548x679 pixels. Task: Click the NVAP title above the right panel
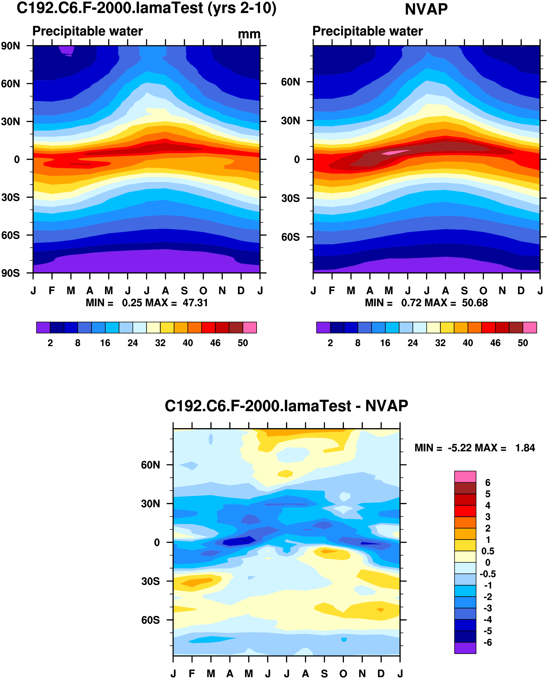tap(426, 9)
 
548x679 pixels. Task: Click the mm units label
tap(249, 34)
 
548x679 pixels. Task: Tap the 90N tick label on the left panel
tap(10, 46)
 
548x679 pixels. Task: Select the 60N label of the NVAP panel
tap(290, 82)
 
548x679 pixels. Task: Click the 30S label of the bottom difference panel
tap(150, 581)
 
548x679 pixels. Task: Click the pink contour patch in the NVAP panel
tap(394, 152)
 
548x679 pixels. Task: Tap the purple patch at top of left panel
tap(67, 50)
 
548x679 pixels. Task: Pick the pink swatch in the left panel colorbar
tap(250, 327)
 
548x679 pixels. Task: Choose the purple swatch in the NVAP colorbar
tap(323, 327)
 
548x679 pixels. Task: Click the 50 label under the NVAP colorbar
tap(523, 343)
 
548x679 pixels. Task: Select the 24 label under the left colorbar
tap(133, 343)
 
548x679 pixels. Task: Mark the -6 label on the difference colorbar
tap(488, 642)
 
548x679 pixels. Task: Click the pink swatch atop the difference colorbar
tap(465, 477)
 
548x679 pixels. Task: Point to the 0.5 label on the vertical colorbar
tap(488, 551)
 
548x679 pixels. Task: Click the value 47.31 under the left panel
tap(195, 303)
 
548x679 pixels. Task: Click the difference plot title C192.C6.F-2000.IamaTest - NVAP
tap(286, 406)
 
